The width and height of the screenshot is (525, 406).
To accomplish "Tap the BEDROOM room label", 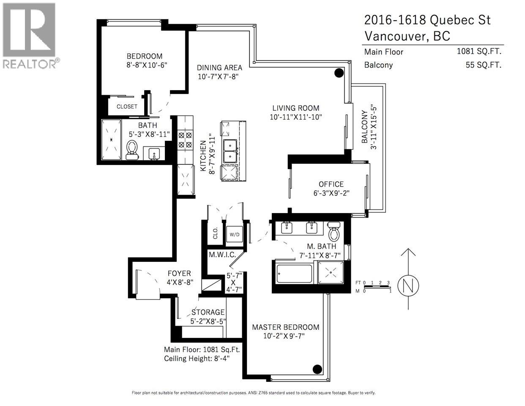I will tap(145, 56).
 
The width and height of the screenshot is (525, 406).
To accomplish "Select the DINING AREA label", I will tap(219, 68).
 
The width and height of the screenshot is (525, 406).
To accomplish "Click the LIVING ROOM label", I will tap(295, 108).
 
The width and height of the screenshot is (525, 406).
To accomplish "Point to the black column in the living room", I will tap(339, 73).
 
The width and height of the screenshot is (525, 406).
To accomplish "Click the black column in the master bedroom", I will tap(317, 369).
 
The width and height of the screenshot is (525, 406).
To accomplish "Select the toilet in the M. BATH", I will tap(334, 231).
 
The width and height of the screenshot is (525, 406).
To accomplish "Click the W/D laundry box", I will tap(234, 234).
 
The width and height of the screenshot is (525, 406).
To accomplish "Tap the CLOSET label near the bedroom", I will tap(127, 107).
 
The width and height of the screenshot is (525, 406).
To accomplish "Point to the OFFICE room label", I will tap(331, 184).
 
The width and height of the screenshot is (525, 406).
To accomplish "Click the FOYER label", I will tap(179, 274).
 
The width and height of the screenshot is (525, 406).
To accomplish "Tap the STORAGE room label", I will tap(208, 313).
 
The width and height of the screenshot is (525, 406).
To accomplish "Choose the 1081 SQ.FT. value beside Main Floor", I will tap(479, 52).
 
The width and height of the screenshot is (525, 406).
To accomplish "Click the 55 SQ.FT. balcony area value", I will tap(484, 65).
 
